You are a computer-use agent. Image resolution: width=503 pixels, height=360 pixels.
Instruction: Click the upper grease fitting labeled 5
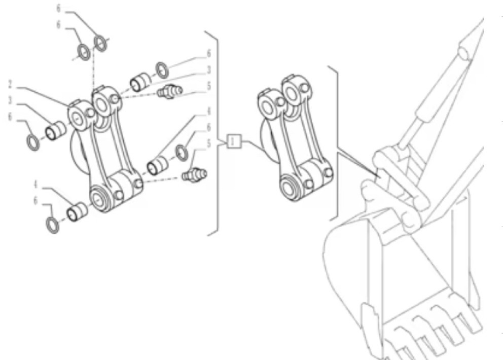[169, 92]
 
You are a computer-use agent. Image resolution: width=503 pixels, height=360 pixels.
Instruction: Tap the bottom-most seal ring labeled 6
[52, 224]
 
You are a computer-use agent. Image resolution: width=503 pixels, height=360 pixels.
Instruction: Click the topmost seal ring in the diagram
[101, 44]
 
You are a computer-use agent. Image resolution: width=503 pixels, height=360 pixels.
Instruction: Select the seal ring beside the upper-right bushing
[162, 68]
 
